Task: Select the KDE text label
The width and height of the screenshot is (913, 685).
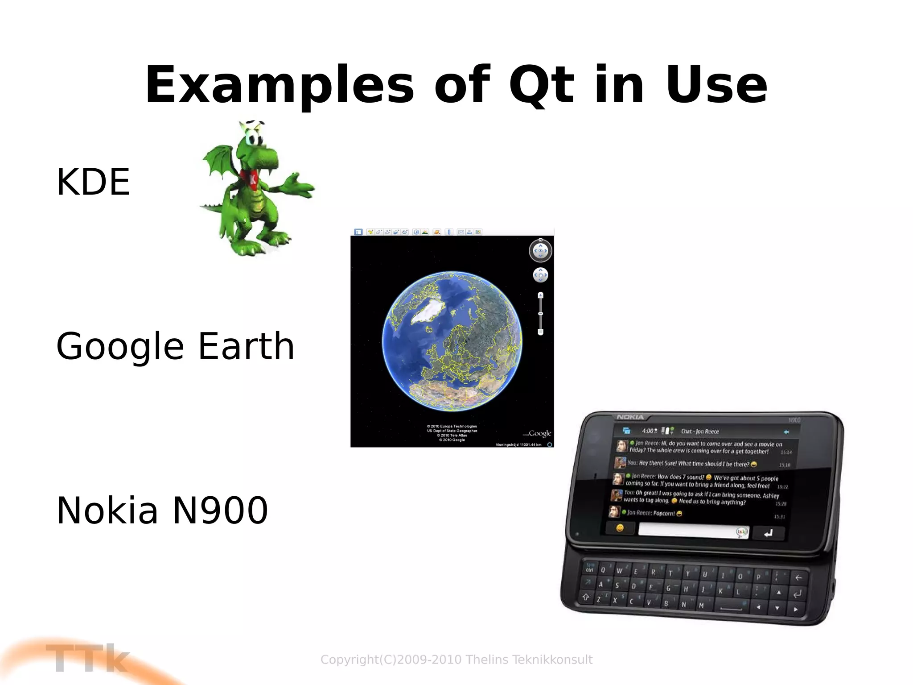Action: [93, 182]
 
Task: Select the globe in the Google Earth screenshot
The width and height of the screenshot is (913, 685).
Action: [452, 341]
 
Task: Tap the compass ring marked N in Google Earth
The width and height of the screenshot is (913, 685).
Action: [540, 250]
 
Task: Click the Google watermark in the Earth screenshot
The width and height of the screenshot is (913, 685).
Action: [539, 433]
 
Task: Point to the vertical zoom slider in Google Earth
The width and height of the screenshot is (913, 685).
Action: [540, 314]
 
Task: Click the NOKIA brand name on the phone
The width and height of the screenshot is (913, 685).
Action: [630, 417]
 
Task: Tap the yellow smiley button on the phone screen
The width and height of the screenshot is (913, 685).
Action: [620, 528]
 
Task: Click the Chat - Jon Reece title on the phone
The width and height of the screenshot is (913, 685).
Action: [699, 431]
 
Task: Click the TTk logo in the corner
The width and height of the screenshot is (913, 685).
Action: [87, 658]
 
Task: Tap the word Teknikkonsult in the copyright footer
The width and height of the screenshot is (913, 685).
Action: [552, 660]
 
